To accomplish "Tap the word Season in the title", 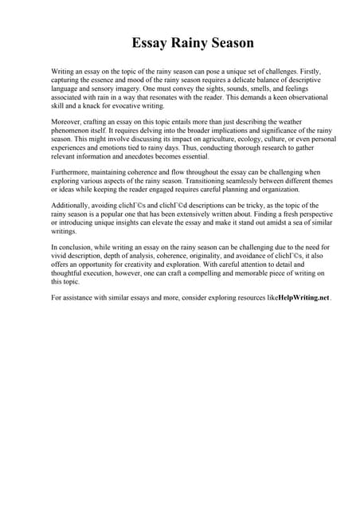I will (x=230, y=43).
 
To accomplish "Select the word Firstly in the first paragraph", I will (x=306, y=72).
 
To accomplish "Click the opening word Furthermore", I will (x=72, y=171).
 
